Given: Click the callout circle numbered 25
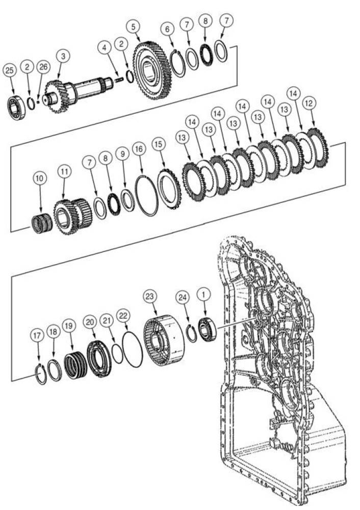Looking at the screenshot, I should tap(9, 71).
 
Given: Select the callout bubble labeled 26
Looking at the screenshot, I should tap(44, 68).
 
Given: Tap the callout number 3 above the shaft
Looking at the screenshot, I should tap(62, 56).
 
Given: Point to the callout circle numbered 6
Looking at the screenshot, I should tap(167, 30).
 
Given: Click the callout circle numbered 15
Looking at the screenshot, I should tap(159, 145).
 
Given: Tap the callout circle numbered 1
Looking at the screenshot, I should tap(203, 294).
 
